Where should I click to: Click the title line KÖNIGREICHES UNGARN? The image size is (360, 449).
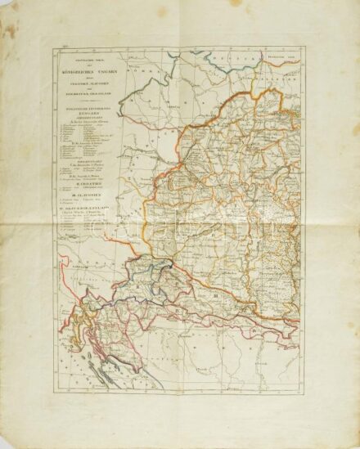click(87, 74)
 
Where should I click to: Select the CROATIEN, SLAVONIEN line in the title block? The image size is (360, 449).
click(87, 86)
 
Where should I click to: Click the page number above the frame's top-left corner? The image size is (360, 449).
click(57, 49)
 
